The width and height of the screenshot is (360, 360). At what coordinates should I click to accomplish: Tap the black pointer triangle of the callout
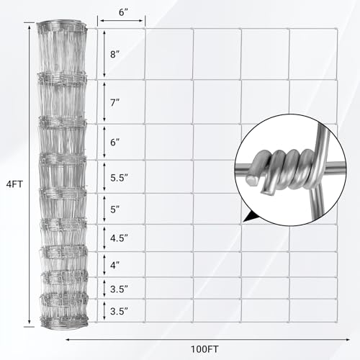250,214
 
